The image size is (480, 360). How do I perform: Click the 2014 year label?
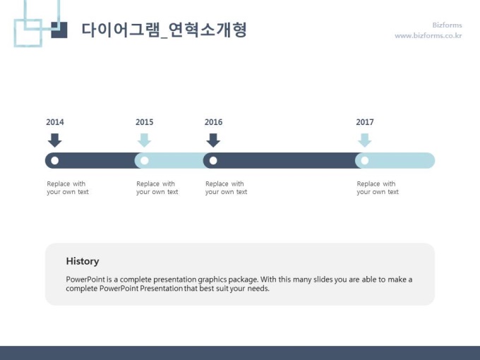[x=55, y=122]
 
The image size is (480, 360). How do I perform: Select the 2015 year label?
[x=145, y=122]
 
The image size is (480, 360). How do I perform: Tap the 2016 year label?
[x=213, y=122]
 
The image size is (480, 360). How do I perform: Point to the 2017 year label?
[x=365, y=122]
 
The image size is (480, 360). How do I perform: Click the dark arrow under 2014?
[x=55, y=140]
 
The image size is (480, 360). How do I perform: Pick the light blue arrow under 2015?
[x=144, y=140]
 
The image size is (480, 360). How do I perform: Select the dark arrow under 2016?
[x=213, y=140]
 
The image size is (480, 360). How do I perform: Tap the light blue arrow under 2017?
[x=365, y=140]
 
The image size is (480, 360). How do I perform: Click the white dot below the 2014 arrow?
[x=55, y=160]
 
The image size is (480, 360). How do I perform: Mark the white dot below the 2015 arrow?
[x=145, y=160]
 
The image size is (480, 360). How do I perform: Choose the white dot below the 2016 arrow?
[x=213, y=160]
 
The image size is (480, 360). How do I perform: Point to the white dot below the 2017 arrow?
[x=365, y=160]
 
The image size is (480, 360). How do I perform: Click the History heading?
[x=83, y=261]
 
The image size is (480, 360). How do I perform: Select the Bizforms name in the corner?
[x=447, y=25]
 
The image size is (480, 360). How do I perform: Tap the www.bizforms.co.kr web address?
[x=428, y=35]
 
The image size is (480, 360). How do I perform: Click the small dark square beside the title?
[x=59, y=30]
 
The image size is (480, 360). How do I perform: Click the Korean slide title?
[x=164, y=30]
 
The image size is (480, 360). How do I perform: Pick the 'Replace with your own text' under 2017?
[x=378, y=188]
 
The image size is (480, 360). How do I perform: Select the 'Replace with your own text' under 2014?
[x=67, y=188]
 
